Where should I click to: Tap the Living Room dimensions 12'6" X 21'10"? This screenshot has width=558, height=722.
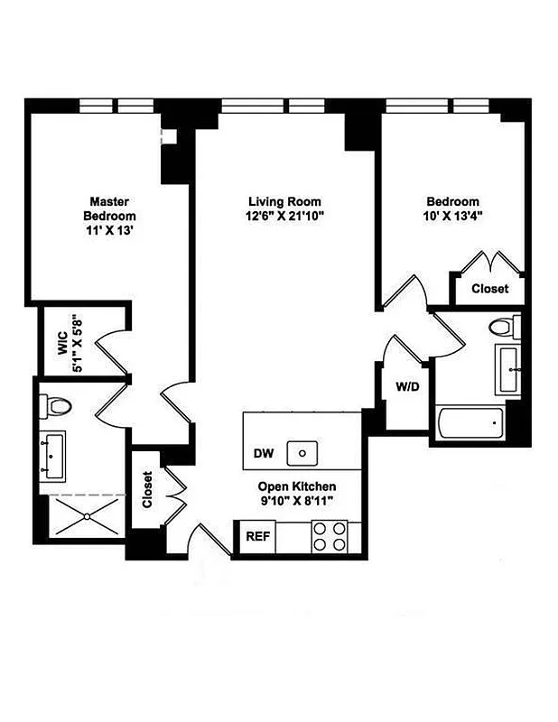284,217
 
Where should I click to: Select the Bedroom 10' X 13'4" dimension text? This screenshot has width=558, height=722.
453,217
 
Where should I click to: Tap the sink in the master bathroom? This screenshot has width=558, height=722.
52,456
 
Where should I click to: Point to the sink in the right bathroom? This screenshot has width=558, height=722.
507,370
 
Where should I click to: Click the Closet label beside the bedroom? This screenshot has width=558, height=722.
489,289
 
